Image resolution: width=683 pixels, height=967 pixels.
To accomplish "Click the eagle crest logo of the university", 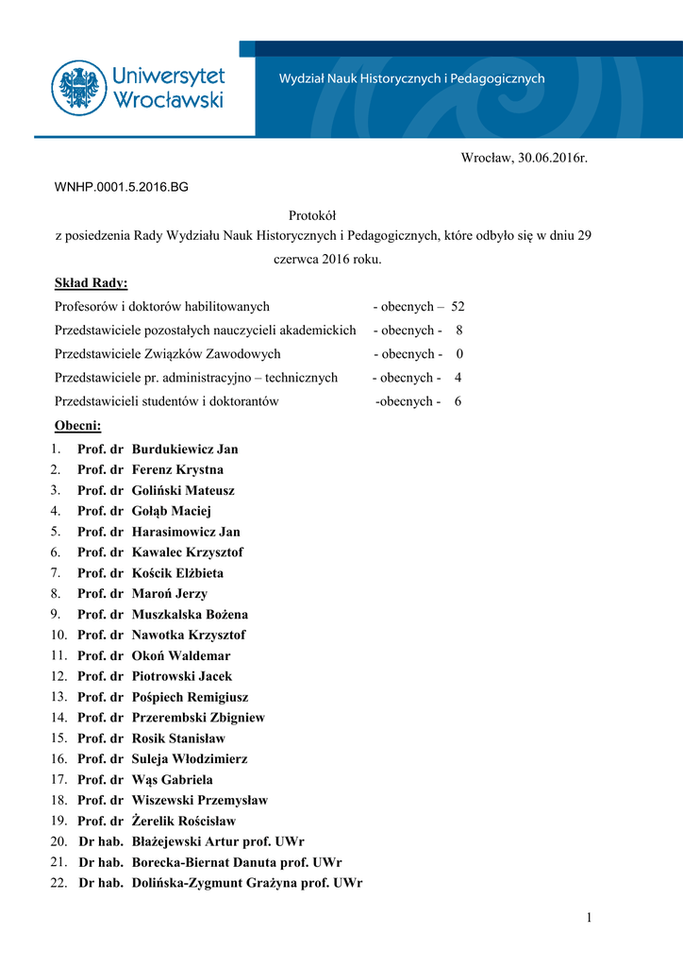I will click(79, 88).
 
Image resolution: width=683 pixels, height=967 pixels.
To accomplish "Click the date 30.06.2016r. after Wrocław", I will click(552, 157).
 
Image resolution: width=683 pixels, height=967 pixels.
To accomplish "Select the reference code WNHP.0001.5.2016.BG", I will click(122, 187).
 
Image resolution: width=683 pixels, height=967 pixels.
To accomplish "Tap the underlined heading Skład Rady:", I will click(92, 283).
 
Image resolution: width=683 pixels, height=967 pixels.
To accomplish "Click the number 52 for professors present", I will click(458, 307).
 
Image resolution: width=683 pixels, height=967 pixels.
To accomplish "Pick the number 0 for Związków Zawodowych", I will click(459, 354).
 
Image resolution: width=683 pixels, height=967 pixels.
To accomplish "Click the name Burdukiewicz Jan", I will click(185, 450).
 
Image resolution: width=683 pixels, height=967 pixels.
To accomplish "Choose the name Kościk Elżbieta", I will click(178, 573).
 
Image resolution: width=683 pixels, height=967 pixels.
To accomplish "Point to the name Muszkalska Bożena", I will click(190, 615).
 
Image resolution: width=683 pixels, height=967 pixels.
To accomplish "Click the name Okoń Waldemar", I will click(181, 656).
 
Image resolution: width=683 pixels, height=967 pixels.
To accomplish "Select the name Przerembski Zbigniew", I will click(198, 718).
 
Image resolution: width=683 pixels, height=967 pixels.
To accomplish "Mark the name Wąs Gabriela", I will click(173, 780).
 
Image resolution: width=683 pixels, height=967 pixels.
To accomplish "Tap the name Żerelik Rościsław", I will click(184, 822).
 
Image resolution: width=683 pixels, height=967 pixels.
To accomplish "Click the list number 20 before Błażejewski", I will click(58, 841).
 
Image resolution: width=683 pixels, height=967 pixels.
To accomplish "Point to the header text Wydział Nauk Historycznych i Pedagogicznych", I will click(411, 79).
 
